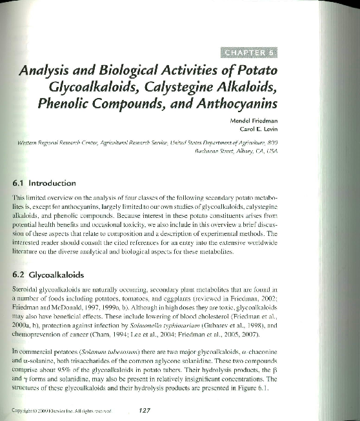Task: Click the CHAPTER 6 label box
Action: point(249,52)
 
